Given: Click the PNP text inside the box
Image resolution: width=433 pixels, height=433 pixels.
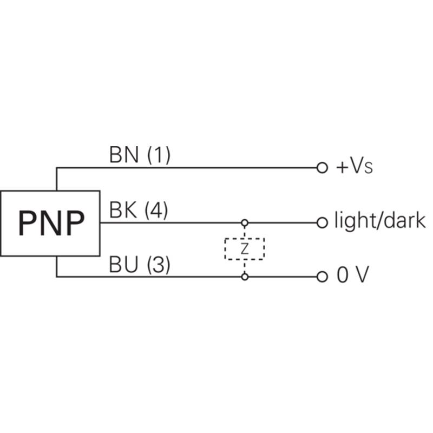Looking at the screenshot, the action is point(51,223).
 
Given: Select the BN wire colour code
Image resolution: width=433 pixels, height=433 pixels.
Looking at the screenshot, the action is point(124,155).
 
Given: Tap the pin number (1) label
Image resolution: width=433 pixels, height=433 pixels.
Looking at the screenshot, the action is point(159,155).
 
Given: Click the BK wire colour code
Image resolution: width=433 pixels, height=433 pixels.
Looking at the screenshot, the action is point(123,210).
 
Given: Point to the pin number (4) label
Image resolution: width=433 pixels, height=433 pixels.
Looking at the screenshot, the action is point(156,211).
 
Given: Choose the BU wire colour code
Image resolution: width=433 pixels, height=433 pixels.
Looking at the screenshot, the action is point(123,265).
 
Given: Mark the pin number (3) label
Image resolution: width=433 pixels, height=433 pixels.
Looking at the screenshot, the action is point(159,265).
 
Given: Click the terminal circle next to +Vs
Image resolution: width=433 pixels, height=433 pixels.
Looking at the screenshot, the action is point(322,168).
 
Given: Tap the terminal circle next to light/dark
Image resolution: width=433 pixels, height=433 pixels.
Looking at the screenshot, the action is point(322,222).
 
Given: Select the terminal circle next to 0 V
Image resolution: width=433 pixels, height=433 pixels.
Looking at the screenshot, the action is point(322,277).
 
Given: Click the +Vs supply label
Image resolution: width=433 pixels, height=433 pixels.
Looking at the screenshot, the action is point(355,167).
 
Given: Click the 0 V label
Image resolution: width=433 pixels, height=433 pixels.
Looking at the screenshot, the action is point(353,275).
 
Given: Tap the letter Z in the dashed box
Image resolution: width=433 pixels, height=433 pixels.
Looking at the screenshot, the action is point(245,249).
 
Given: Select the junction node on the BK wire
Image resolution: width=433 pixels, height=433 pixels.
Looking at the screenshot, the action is point(245,222).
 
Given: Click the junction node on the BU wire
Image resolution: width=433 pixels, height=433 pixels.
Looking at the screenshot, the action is point(245,277).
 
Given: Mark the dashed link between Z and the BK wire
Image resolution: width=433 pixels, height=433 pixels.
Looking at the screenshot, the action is point(245,232).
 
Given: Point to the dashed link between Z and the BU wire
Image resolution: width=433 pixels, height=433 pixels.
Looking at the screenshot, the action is point(245,266).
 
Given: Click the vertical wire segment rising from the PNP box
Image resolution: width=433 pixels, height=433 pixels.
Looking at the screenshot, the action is point(57,179).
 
